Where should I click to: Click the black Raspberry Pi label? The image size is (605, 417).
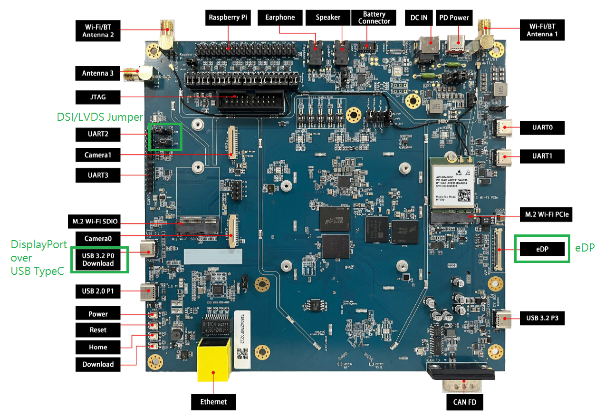pyautogui.click(x=228, y=18)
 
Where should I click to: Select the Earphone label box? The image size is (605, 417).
pyautogui.click(x=280, y=18)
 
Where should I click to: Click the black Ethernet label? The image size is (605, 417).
pyautogui.click(x=213, y=402)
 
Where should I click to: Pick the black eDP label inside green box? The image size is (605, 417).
pyautogui.click(x=542, y=249)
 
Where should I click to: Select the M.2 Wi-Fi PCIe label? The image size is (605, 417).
pyautogui.click(x=545, y=215)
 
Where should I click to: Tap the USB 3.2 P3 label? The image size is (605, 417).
pyautogui.click(x=541, y=318)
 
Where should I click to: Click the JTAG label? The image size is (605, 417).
pyautogui.click(x=97, y=97)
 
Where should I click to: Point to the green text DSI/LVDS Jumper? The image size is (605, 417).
pyautogui.click(x=100, y=117)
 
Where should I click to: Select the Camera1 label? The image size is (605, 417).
pyautogui.click(x=97, y=155)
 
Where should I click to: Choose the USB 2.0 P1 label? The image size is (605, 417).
pyautogui.click(x=97, y=291)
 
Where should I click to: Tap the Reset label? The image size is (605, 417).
pyautogui.click(x=98, y=330)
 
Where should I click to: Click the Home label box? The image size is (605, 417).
pyautogui.click(x=98, y=347)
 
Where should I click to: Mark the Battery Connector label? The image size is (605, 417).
pyautogui.click(x=374, y=18)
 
